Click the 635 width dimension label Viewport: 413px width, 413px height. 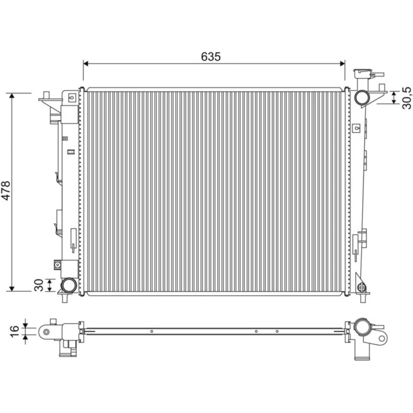211,56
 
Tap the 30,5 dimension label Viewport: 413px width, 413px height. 407,98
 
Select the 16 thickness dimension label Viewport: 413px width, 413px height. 15,331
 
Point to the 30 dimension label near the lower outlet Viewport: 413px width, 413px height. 39,285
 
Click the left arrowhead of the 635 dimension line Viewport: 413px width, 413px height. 85,64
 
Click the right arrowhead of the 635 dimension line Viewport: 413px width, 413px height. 342,64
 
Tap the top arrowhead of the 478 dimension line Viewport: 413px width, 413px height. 12,96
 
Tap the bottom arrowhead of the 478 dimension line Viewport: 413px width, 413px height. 12,289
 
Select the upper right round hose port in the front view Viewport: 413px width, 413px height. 362,97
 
